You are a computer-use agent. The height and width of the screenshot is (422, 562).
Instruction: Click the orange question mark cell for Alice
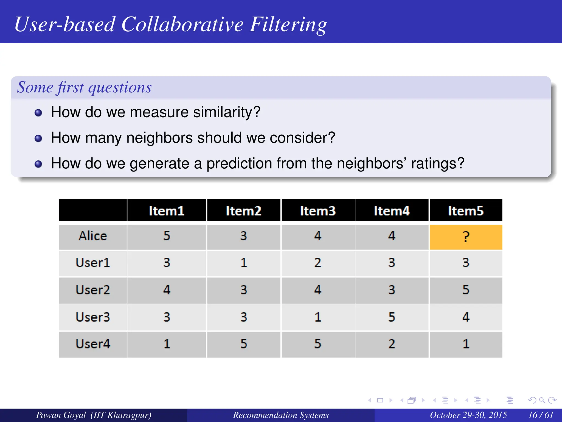click(466, 237)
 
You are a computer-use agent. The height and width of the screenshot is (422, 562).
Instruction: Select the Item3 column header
click(318, 211)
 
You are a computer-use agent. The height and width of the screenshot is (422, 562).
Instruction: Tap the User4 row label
click(93, 344)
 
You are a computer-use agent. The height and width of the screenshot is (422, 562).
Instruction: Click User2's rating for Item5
click(466, 290)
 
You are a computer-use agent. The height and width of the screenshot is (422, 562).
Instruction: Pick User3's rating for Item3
click(318, 317)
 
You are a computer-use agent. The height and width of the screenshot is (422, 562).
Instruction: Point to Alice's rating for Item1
click(167, 236)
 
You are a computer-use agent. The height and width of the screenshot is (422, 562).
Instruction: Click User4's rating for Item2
click(244, 344)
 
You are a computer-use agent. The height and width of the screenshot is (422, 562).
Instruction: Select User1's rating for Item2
click(244, 263)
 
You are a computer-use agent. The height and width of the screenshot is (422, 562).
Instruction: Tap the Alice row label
click(93, 236)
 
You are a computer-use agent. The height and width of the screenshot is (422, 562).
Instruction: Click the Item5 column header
click(466, 211)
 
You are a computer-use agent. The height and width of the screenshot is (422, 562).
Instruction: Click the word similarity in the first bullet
click(226, 112)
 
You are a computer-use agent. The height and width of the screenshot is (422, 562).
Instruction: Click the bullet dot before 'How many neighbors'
click(38, 138)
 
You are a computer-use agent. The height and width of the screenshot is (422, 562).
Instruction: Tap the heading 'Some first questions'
click(84, 87)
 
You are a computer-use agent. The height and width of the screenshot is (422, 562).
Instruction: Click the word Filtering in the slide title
click(288, 25)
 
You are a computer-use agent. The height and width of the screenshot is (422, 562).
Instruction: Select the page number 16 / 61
click(541, 415)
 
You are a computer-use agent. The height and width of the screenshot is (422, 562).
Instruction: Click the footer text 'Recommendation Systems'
click(281, 415)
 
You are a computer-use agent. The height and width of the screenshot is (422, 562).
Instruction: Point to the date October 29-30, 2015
click(468, 415)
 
